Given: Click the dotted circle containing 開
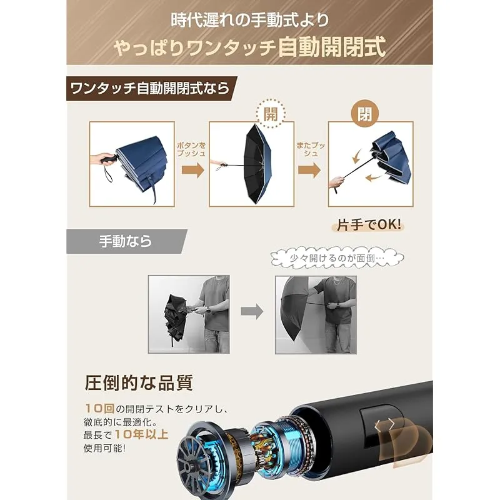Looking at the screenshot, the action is (x=271, y=114).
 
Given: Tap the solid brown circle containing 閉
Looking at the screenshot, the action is (x=364, y=114).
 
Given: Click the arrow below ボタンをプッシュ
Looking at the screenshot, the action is (x=193, y=169).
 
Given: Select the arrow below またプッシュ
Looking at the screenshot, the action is (x=309, y=169).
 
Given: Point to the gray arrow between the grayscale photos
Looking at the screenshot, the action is (x=252, y=311).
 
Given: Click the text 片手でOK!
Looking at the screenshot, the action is (x=369, y=225).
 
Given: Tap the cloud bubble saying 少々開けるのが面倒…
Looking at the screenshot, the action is (x=337, y=257).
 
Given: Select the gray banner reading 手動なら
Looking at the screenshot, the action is (x=127, y=241).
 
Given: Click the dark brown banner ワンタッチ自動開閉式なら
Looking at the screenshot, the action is (x=151, y=88).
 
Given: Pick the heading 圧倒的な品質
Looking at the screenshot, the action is (x=139, y=382).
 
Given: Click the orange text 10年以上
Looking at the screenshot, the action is (x=141, y=434).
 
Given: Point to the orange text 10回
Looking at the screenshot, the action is (x=99, y=408).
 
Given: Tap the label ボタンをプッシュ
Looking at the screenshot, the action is (x=191, y=149).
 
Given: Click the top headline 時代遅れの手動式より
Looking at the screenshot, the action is (x=249, y=21).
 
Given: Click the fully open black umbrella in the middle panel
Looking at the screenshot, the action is (x=257, y=164).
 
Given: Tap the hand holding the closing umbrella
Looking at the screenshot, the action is (x=336, y=182).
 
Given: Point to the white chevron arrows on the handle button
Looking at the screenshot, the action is (x=384, y=425).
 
